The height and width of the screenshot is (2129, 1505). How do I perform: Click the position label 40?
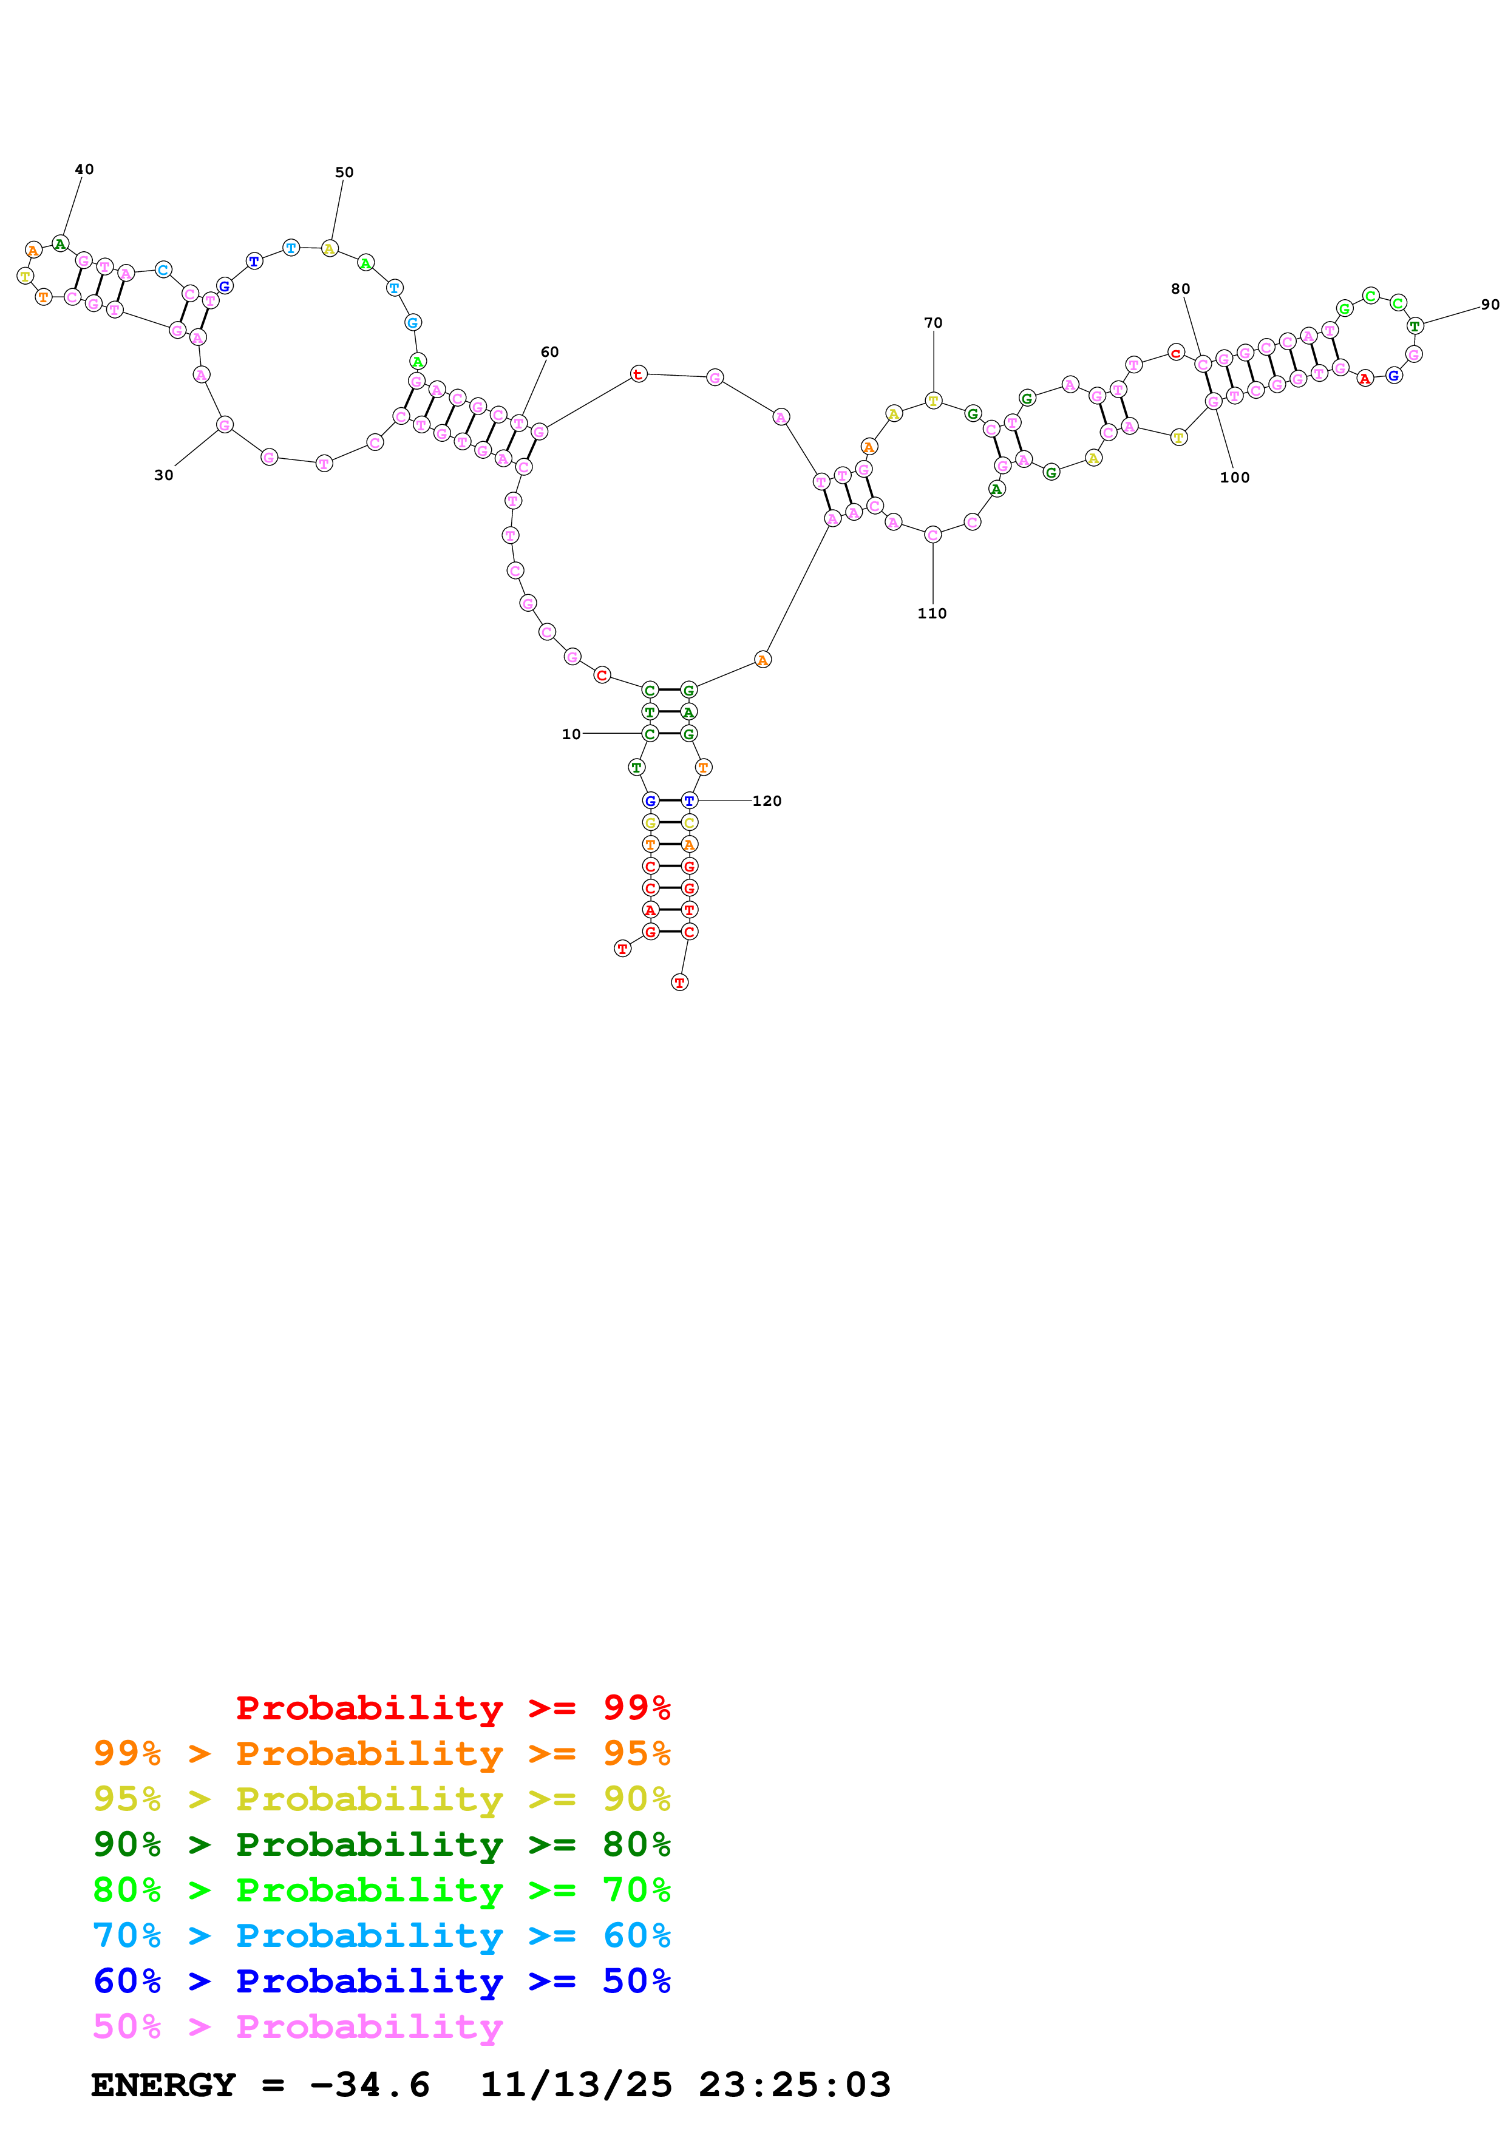84,170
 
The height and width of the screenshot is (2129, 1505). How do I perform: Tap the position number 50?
344,172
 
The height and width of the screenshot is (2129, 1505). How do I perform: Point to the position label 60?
550,353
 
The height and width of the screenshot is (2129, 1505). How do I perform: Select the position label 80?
1180,289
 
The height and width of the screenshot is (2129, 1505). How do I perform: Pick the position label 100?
1234,478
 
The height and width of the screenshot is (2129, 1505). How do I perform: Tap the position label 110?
932,614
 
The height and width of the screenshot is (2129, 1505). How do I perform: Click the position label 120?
767,801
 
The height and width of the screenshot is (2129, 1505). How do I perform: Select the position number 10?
571,734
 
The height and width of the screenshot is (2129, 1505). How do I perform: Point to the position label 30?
164,476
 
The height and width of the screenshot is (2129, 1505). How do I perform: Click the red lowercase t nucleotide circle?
638,374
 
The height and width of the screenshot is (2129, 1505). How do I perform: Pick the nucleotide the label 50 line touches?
329,248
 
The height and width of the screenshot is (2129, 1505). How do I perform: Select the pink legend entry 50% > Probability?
297,2026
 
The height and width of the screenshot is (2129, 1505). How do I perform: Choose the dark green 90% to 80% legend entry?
382,1844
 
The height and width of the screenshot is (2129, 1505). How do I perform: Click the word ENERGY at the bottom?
163,2085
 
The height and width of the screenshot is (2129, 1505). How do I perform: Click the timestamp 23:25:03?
795,2085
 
